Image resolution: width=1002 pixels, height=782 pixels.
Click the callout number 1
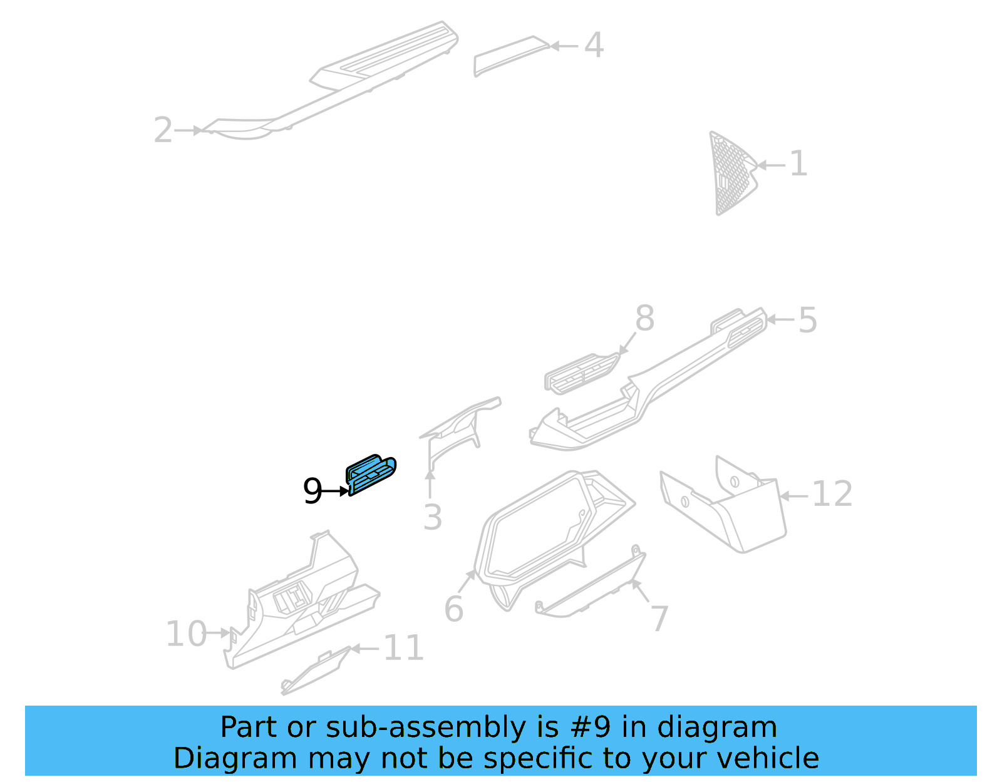[x=798, y=164]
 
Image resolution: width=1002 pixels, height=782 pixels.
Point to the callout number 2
[x=163, y=130]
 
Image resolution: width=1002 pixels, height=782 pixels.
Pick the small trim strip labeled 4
[x=509, y=55]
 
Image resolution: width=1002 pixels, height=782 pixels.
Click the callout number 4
[x=594, y=46]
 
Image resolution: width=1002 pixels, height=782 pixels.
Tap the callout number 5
[x=808, y=320]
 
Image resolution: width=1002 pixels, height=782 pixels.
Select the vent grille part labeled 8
[x=580, y=374]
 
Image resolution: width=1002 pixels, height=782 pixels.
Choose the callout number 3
[x=432, y=518]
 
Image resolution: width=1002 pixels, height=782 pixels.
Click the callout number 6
[x=453, y=609]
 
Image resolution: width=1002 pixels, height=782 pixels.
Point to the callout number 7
[x=659, y=619]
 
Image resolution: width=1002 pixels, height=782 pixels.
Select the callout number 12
[x=832, y=495]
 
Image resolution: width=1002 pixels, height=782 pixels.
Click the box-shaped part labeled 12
[x=726, y=510]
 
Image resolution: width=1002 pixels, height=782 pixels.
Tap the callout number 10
[x=186, y=634]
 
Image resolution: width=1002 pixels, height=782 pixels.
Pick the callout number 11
[x=403, y=648]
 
